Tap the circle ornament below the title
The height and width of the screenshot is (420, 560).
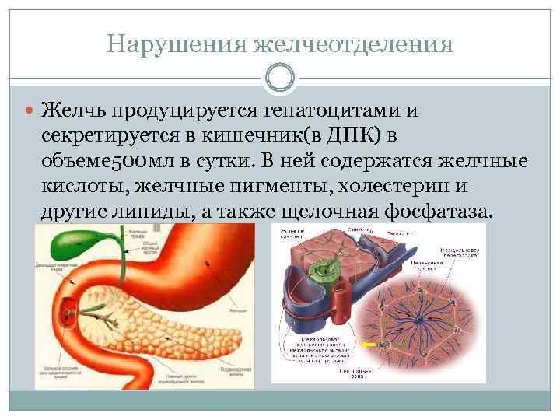click(x=279, y=77)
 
